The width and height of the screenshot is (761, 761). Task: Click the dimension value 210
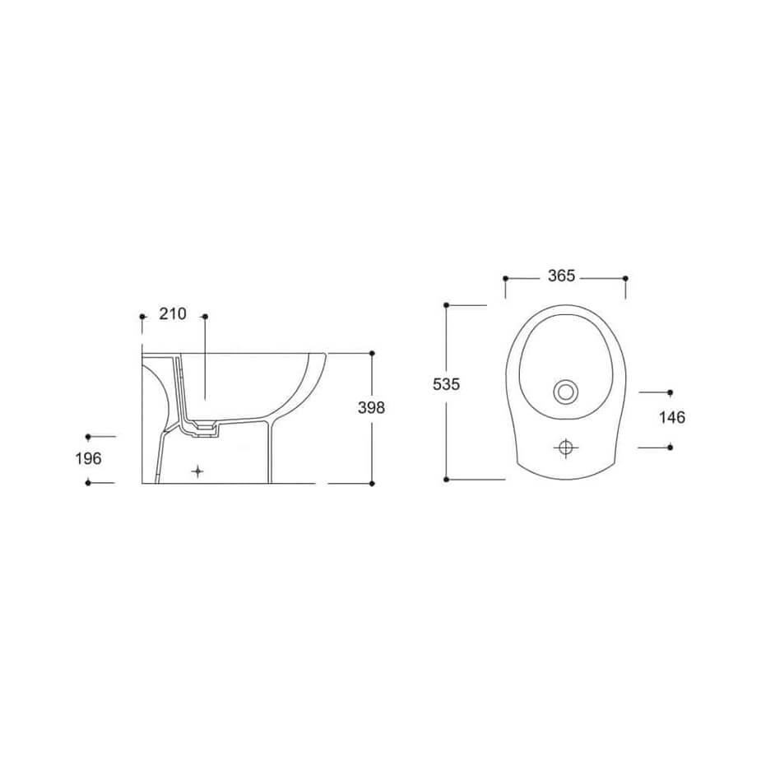tap(173, 314)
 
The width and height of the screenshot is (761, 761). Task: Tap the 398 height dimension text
tap(371, 408)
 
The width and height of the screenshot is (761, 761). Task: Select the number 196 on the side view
tap(88, 458)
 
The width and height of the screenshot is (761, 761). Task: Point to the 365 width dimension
tap(562, 276)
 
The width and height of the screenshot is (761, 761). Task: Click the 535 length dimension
tap(446, 384)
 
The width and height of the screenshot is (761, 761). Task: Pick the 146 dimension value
tap(672, 417)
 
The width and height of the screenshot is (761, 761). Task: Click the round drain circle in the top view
tap(565, 392)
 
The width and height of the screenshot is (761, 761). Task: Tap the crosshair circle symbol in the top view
tap(565, 447)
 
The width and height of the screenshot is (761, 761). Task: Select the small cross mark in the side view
tap(197, 471)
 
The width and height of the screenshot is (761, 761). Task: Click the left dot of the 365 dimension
tap(506, 279)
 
